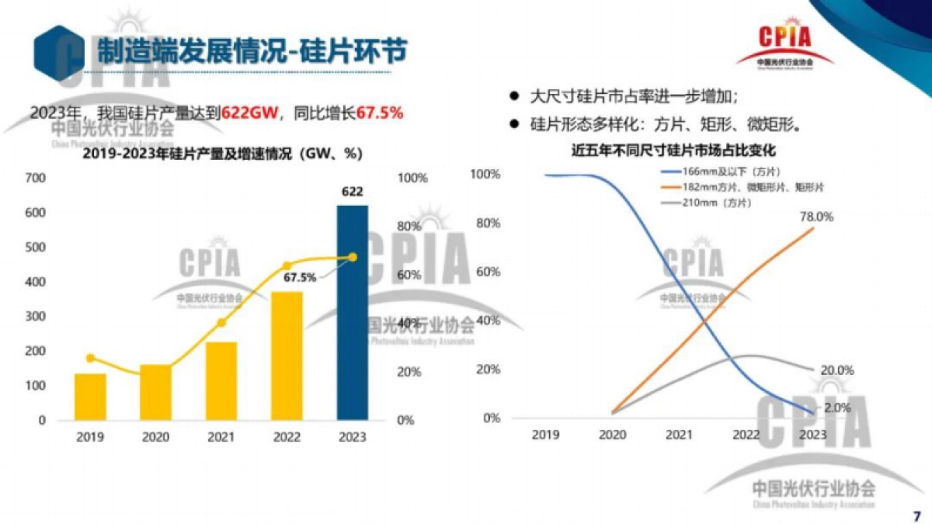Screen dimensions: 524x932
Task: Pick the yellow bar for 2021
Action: pyautogui.click(x=221, y=380)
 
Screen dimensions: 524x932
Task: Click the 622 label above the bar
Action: pyautogui.click(x=353, y=191)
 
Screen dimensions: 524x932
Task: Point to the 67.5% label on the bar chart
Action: pyautogui.click(x=300, y=277)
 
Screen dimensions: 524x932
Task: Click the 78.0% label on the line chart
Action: pyautogui.click(x=815, y=217)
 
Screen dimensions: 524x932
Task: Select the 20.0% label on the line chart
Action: pyautogui.click(x=837, y=370)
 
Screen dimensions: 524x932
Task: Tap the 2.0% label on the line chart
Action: pyautogui.click(x=837, y=407)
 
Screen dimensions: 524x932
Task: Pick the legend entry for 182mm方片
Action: pyautogui.click(x=742, y=187)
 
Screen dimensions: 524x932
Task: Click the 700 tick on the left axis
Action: pyautogui.click(x=36, y=178)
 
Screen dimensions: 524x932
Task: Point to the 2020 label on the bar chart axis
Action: pyautogui.click(x=155, y=437)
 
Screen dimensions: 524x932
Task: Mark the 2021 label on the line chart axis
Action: pyautogui.click(x=680, y=435)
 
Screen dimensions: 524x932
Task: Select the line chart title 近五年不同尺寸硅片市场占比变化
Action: pyautogui.click(x=673, y=151)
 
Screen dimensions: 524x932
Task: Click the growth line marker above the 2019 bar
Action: pyautogui.click(x=90, y=358)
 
